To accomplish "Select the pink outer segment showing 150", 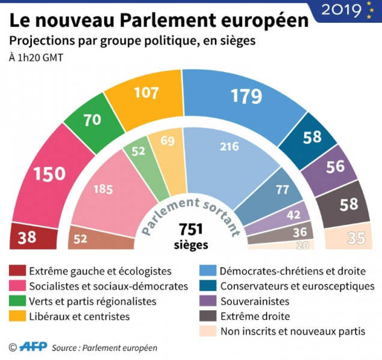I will pyautogui.click(x=49, y=174).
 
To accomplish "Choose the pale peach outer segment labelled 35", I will pyautogui.click(x=356, y=239).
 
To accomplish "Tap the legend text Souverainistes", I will pyautogui.click(x=255, y=301).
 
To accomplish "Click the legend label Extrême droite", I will pyautogui.click(x=255, y=316).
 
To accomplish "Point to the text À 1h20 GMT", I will pyautogui.click(x=35, y=58).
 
